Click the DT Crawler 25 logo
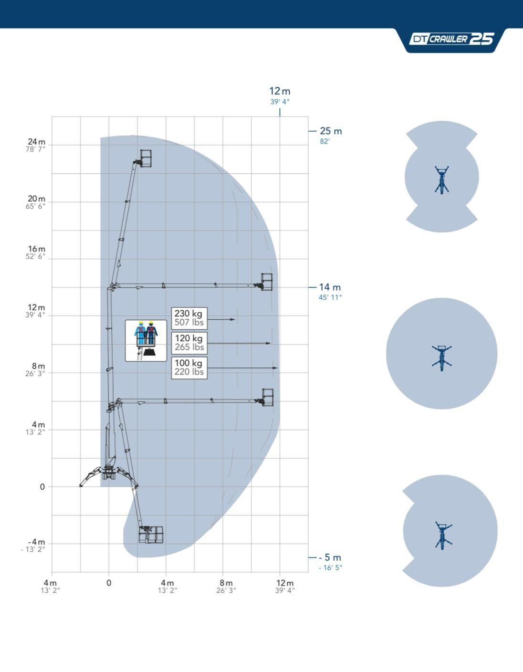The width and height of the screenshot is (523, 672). click(x=451, y=39)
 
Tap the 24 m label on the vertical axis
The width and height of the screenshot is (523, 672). click(x=36, y=142)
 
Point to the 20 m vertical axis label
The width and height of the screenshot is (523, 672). click(x=36, y=199)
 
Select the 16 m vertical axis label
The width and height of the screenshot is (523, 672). click(x=36, y=249)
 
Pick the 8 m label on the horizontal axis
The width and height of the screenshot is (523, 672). click(x=226, y=583)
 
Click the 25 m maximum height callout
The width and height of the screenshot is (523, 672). click(x=331, y=131)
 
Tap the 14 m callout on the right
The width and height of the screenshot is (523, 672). click(x=330, y=287)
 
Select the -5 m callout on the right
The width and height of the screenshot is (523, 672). click(x=330, y=557)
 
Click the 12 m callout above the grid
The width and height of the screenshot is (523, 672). click(x=280, y=91)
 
